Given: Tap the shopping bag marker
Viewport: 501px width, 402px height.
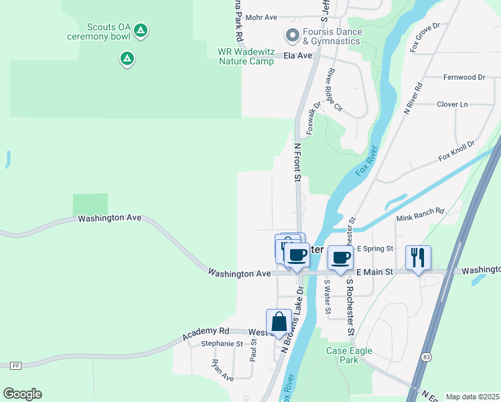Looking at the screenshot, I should pos(279,322).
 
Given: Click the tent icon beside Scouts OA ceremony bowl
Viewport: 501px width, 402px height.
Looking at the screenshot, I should pos(140,30).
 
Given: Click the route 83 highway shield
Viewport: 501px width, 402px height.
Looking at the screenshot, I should pos(427,358).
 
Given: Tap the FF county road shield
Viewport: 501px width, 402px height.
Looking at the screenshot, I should pos(15,365).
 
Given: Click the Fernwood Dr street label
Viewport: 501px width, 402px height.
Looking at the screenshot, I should pos(463,78).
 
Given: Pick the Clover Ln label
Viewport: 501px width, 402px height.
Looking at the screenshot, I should pos(452,105).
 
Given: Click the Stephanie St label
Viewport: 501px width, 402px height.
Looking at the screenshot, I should pos(221,344).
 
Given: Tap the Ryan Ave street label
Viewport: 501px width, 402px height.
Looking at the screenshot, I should pos(222,370).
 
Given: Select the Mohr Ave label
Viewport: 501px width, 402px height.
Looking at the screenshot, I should pos(261,17).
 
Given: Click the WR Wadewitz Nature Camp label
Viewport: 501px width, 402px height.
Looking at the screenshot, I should pos(246,56).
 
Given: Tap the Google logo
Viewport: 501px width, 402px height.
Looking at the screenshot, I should pos(22,394).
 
